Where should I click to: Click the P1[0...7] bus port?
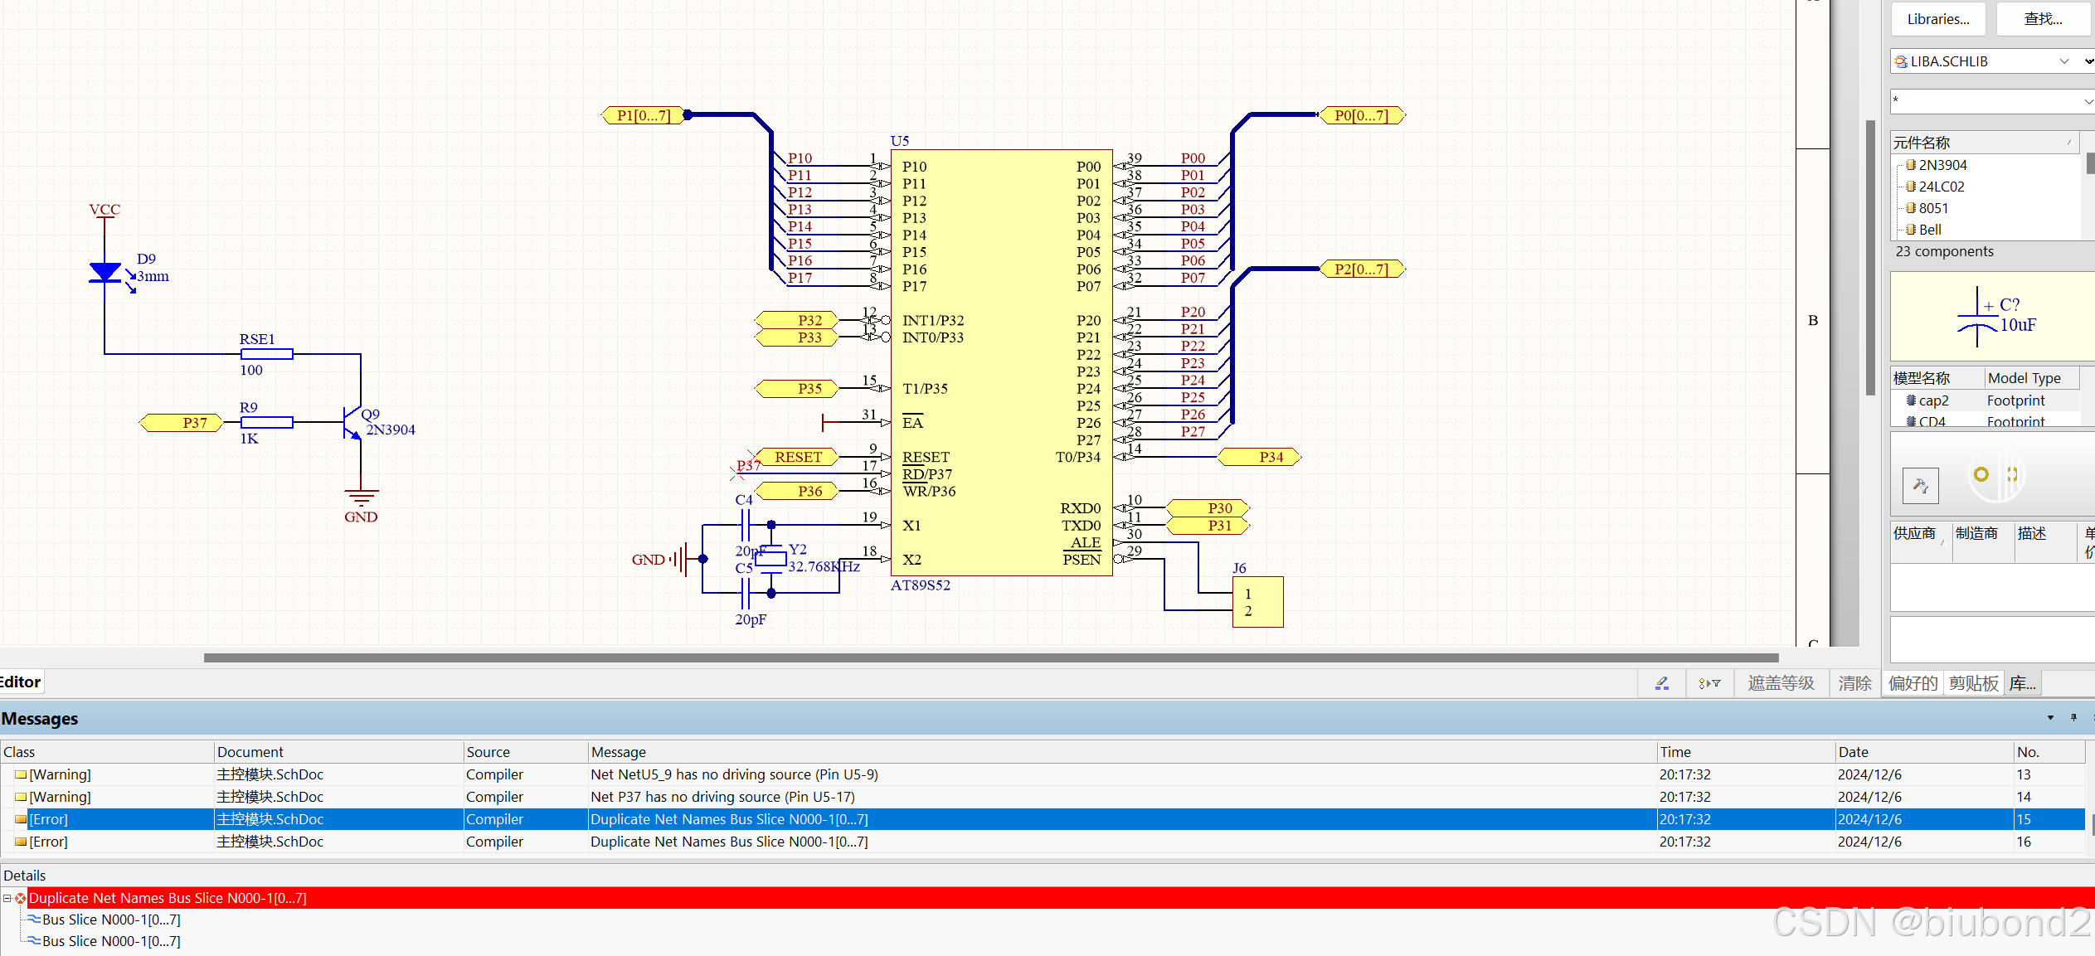point(643,115)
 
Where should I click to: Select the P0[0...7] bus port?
point(1361,115)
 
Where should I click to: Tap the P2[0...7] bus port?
point(1361,269)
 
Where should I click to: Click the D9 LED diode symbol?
point(105,272)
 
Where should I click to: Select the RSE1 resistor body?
point(266,354)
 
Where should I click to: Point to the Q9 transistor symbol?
point(352,423)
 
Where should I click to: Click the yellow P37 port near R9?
point(183,423)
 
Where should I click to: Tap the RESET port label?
point(797,457)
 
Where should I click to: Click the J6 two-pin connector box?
point(1257,602)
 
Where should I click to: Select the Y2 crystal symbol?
point(770,559)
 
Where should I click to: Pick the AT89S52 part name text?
point(920,585)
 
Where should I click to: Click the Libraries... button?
point(1937,19)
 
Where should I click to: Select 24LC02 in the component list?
point(1941,187)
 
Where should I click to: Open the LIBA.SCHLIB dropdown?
point(2064,61)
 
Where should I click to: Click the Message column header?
point(618,752)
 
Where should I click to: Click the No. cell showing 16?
point(2024,842)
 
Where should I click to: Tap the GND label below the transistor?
point(361,517)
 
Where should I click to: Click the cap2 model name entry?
point(1933,400)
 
